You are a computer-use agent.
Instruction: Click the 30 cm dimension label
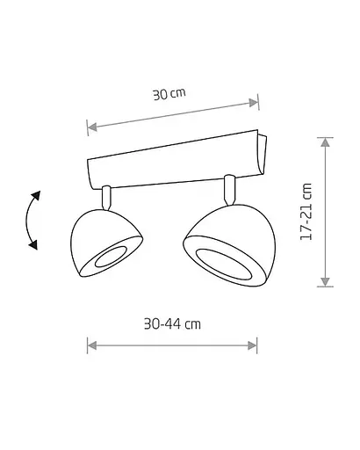point(169,94)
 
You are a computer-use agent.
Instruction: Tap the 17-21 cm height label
point(306,212)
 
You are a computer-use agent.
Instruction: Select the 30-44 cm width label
point(172,324)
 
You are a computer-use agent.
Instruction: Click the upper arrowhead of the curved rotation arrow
point(36,195)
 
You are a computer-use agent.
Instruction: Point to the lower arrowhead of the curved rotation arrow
point(33,245)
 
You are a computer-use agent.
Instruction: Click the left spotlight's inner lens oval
point(111,257)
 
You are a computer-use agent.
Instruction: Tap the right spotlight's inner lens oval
point(224,265)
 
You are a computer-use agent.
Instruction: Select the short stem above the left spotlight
point(106,198)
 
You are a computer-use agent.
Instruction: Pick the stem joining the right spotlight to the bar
point(229,190)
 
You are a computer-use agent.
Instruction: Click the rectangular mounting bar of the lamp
point(176,160)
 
